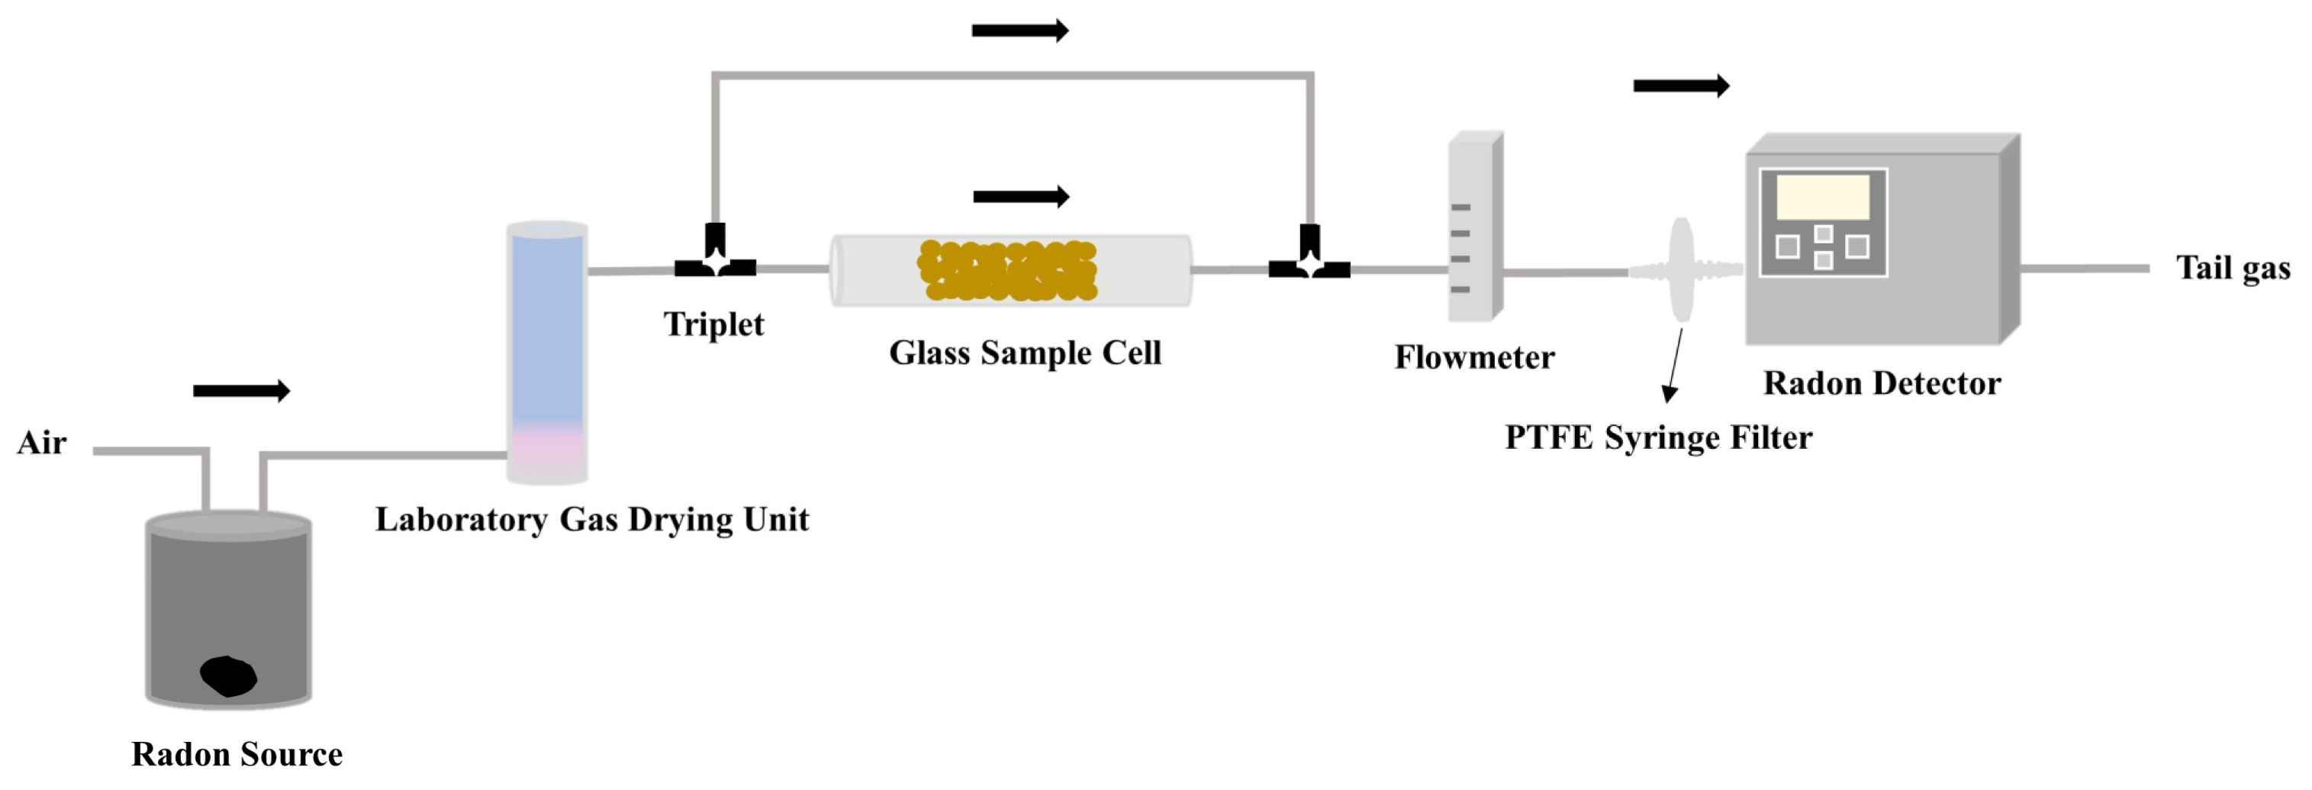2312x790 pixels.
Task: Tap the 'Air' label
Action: coord(41,443)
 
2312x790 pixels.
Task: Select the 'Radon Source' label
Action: coord(237,754)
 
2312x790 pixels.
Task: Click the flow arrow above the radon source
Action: coord(241,391)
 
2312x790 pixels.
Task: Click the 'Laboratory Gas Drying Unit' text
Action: coord(591,520)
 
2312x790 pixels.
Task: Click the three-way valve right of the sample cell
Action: coord(1309,258)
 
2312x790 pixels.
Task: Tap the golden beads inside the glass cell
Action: coord(1007,269)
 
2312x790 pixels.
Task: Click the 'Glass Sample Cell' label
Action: coord(1025,353)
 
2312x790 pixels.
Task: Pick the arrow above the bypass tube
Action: coord(1020,31)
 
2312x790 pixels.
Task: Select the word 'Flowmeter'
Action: coord(1473,357)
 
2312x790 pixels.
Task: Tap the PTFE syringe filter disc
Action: coord(1681,269)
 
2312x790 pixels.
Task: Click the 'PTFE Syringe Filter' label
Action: coord(1659,438)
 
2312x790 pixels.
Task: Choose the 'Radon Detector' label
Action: coord(1882,383)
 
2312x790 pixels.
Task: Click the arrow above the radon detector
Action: coord(1681,86)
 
